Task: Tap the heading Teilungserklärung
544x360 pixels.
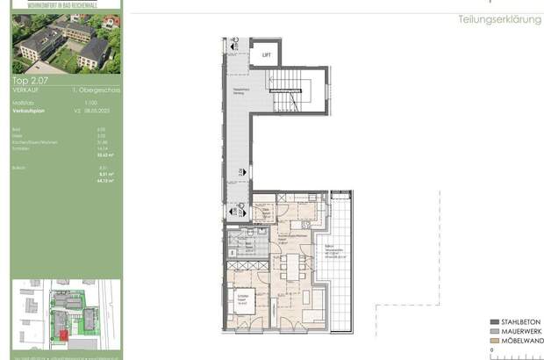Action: click(x=500, y=19)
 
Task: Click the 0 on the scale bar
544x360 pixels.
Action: click(x=493, y=351)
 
